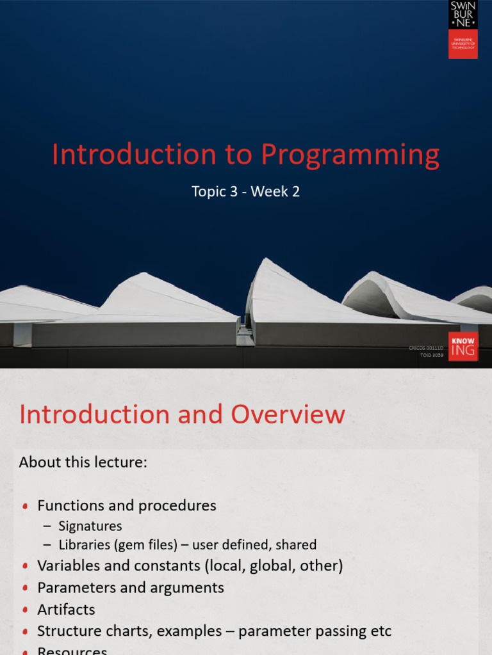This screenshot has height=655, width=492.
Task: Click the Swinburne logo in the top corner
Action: point(463,29)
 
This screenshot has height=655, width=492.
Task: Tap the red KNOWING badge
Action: point(463,346)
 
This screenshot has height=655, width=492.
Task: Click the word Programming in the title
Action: point(350,155)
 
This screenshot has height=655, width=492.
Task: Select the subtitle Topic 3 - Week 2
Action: point(245,191)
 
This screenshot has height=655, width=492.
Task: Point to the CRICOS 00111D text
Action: point(426,347)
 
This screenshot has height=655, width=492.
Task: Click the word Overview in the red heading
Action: point(288,414)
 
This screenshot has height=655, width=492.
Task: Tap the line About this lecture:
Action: point(83,462)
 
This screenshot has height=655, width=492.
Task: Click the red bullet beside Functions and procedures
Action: point(25,506)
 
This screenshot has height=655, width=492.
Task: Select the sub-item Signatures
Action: point(90,526)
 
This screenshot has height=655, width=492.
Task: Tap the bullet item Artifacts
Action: point(66,609)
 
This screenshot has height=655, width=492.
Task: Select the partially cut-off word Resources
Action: point(72,651)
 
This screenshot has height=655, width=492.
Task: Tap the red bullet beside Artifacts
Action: point(25,610)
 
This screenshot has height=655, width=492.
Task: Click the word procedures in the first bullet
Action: point(177,505)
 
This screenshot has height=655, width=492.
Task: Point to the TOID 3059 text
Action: point(431,354)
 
